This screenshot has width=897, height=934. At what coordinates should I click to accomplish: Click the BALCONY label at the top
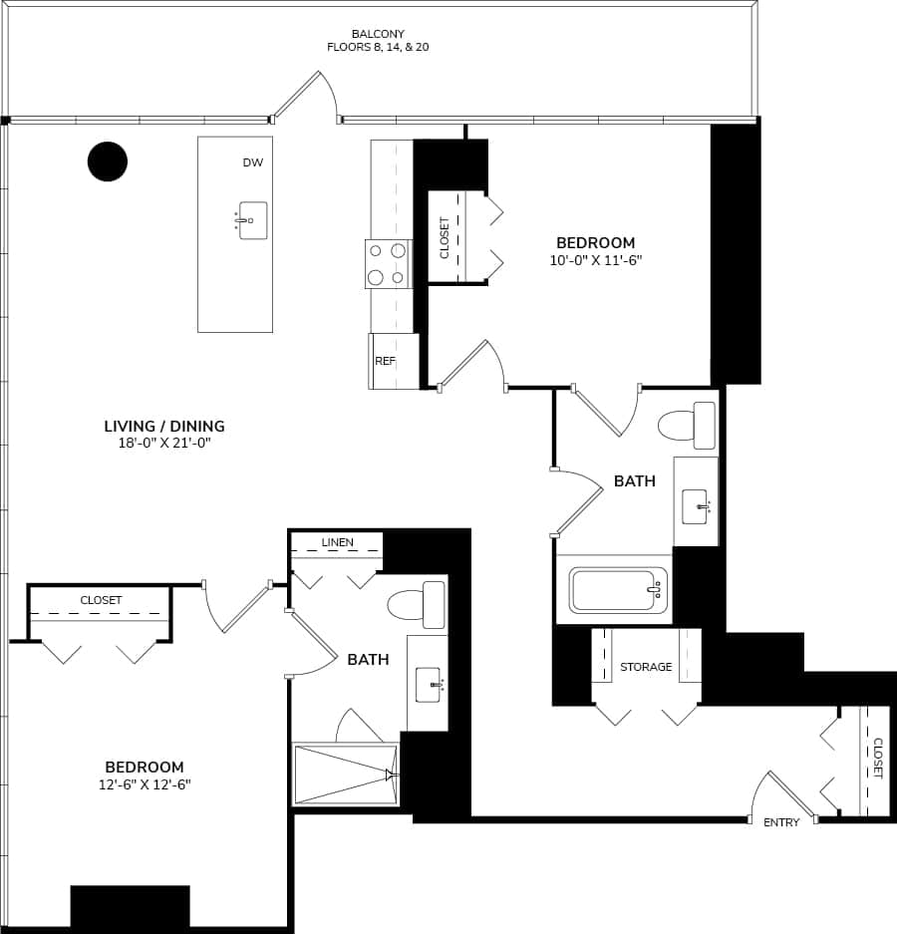coord(378,34)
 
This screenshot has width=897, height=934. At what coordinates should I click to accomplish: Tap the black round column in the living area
coord(108,161)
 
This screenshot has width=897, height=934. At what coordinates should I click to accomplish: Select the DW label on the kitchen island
coord(252,162)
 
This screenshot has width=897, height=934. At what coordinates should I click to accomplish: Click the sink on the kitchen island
coord(252,220)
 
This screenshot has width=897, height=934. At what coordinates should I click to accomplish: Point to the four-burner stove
coord(388,264)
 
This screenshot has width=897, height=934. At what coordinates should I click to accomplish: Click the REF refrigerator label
coord(386,361)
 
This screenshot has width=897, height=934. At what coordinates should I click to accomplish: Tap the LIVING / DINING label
coord(164,427)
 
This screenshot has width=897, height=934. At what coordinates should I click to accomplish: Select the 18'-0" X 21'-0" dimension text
coord(164,444)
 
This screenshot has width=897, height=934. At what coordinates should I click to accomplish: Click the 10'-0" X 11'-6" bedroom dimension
coord(595,260)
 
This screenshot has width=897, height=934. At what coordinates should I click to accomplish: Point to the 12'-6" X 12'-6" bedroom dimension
coord(145,784)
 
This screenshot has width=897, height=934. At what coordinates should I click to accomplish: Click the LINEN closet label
coord(337,543)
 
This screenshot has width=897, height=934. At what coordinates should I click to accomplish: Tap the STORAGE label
coord(646,667)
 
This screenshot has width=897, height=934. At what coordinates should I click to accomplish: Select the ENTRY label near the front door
coord(781,822)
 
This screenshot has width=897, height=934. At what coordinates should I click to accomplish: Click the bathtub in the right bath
coord(618,590)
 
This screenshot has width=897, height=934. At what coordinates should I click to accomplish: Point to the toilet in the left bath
coord(419,604)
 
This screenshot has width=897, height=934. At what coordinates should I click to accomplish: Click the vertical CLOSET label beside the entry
coord(877,759)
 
